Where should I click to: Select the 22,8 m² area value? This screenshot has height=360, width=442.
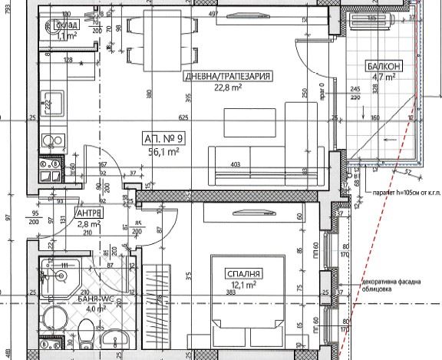pyautogui.click(x=227, y=88)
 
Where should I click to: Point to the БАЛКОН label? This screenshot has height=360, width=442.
pyautogui.click(x=383, y=67)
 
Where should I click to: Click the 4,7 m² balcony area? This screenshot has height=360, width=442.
pyautogui.click(x=382, y=77)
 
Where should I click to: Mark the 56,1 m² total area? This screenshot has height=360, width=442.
pyautogui.click(x=163, y=152)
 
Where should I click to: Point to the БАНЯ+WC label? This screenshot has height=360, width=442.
pyautogui.click(x=86, y=299)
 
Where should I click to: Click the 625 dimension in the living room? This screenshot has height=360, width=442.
pyautogui.click(x=183, y=118)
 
